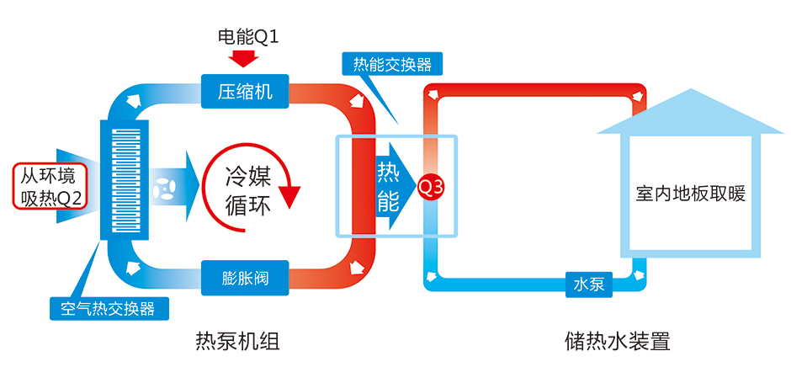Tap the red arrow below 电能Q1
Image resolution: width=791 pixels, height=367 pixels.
[246, 58]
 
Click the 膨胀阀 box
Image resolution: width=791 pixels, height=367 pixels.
[246, 275]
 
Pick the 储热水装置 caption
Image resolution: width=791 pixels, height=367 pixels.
[618, 342]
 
